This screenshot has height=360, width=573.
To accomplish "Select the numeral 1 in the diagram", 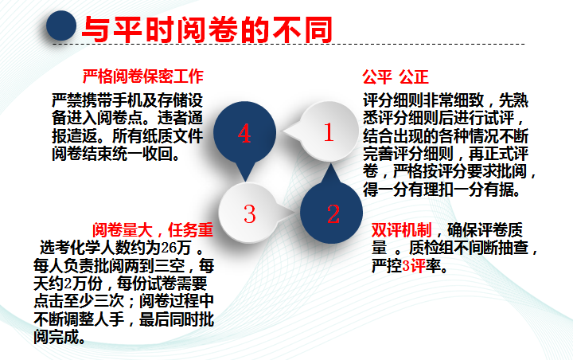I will (329, 132).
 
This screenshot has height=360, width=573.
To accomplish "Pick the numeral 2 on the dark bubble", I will (333, 213).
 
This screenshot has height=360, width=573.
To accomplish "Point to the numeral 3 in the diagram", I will (249, 213).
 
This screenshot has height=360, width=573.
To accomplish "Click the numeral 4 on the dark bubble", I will (244, 134).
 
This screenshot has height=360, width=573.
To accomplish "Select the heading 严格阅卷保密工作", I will (143, 76).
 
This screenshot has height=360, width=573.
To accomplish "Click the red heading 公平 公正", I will (396, 76).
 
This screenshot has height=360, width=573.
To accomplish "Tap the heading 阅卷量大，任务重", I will (153, 230).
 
